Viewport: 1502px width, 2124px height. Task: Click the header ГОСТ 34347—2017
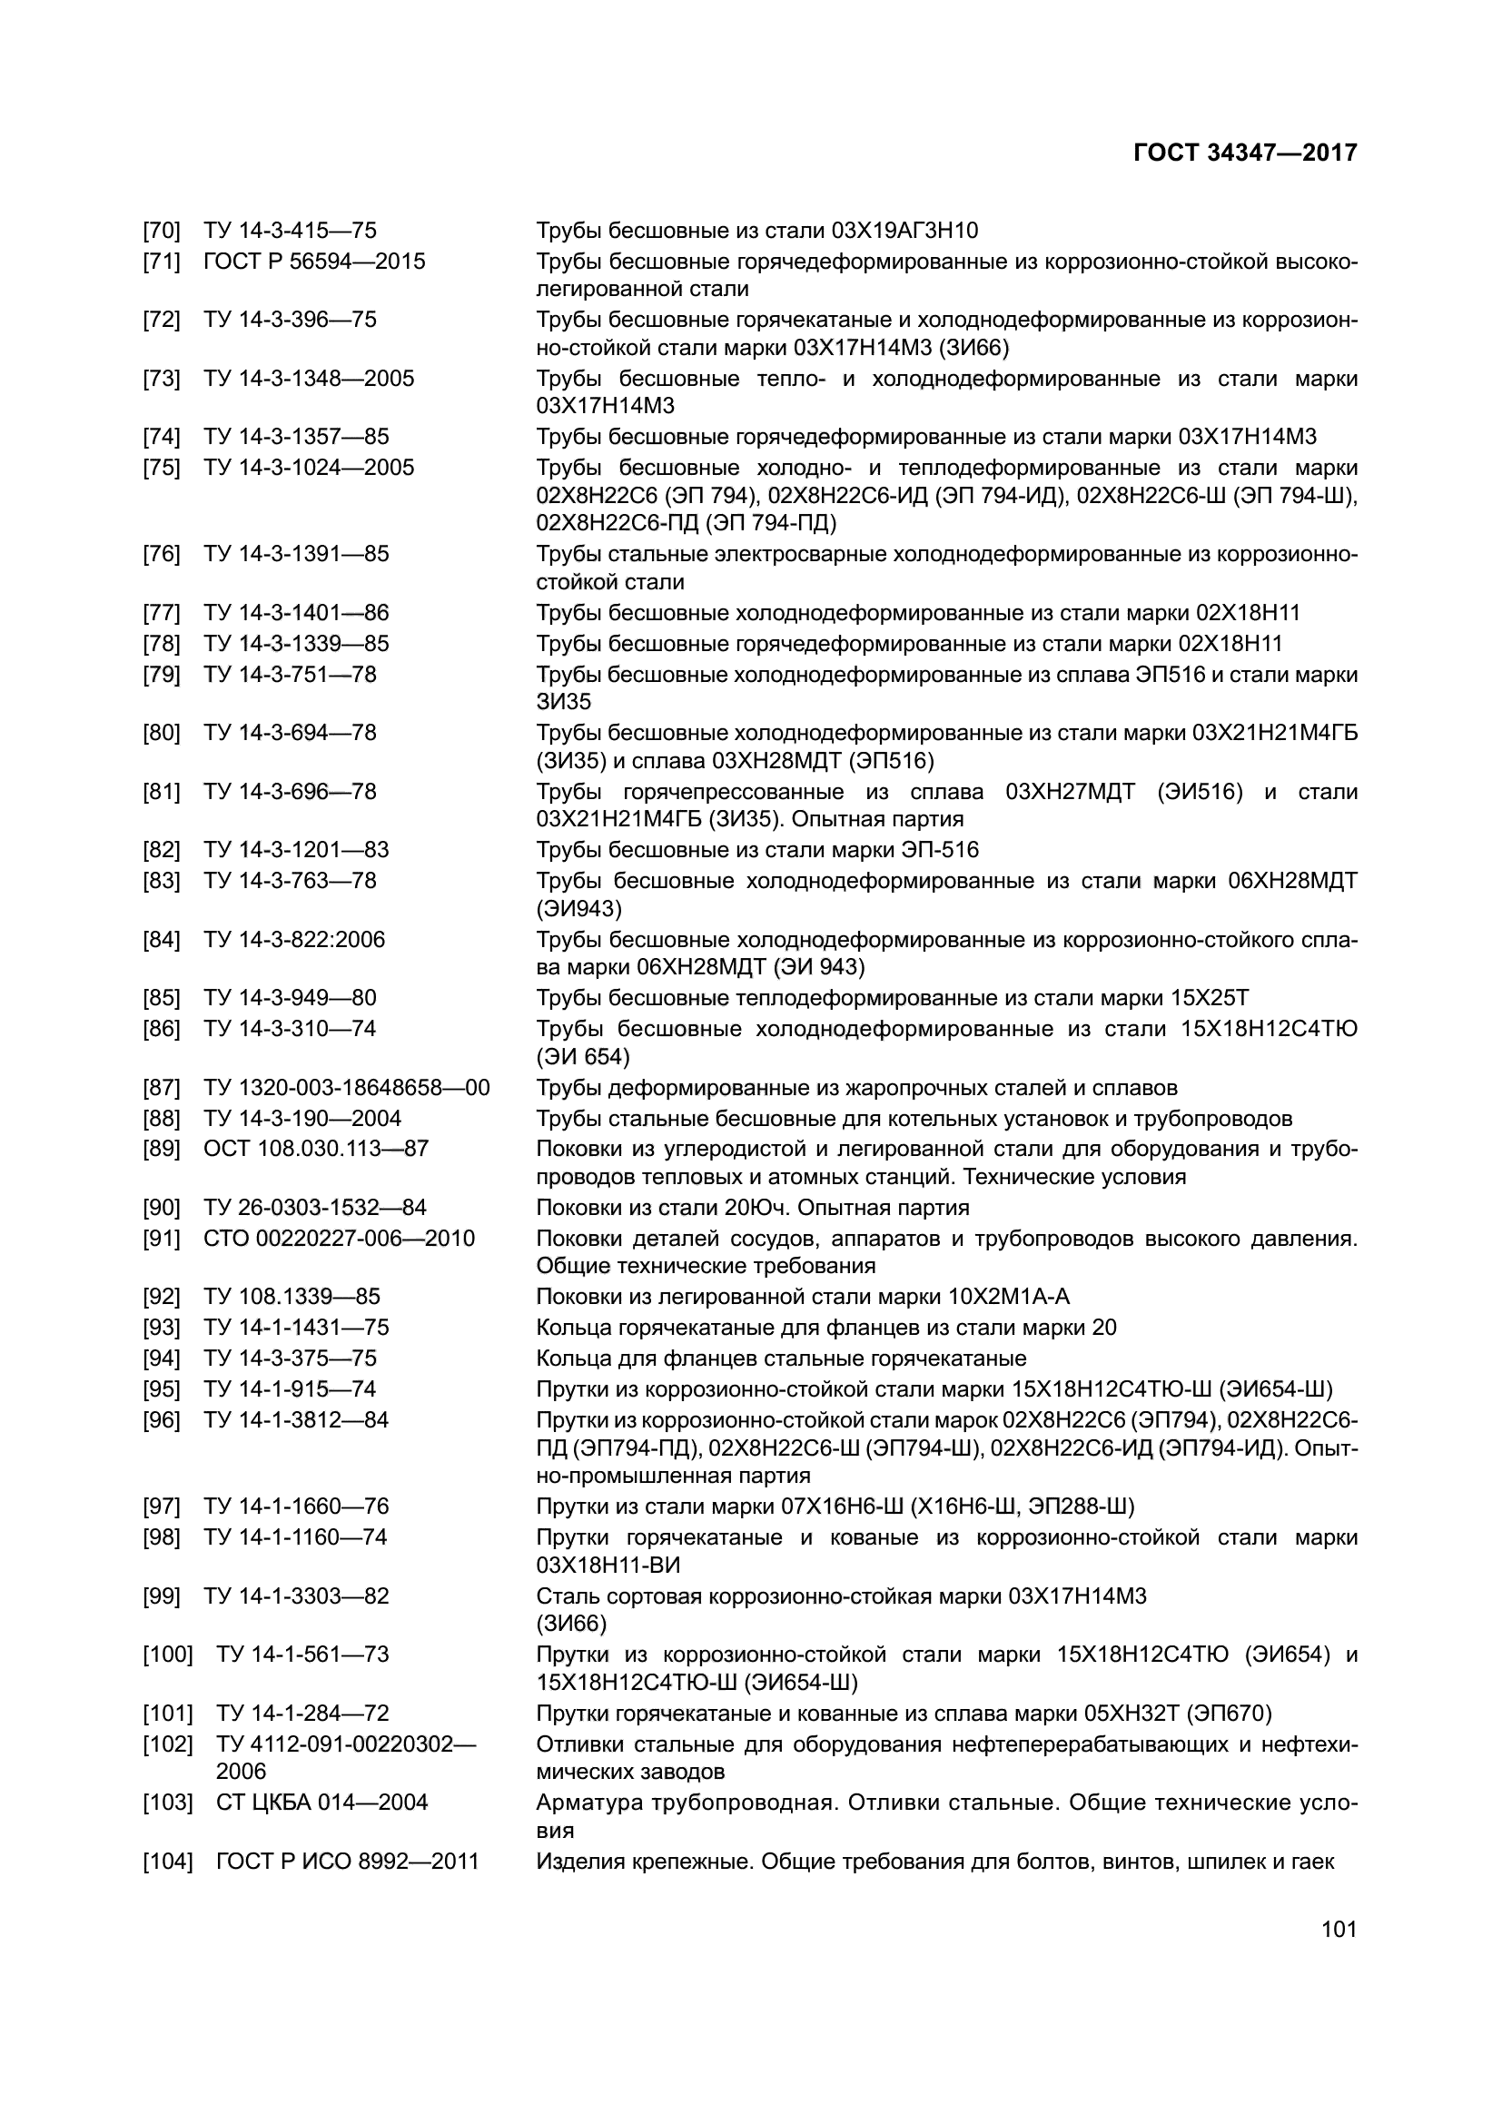pos(1244,153)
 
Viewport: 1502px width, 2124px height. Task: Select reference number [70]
pos(161,231)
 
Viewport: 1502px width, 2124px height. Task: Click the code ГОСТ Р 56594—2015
pos(314,261)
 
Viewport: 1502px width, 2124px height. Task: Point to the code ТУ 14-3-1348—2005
pos(309,379)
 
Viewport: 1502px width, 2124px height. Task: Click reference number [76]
pos(161,554)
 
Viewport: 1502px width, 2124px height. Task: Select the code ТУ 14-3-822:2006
pos(294,940)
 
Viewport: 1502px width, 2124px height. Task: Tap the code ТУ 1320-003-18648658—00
pos(346,1087)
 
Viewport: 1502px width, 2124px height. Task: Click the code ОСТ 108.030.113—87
pos(316,1149)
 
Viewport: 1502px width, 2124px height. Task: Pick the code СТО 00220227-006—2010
pos(339,1238)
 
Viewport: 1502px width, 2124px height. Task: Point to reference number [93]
pos(161,1328)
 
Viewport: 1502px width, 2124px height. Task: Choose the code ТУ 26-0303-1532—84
pos(314,1207)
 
